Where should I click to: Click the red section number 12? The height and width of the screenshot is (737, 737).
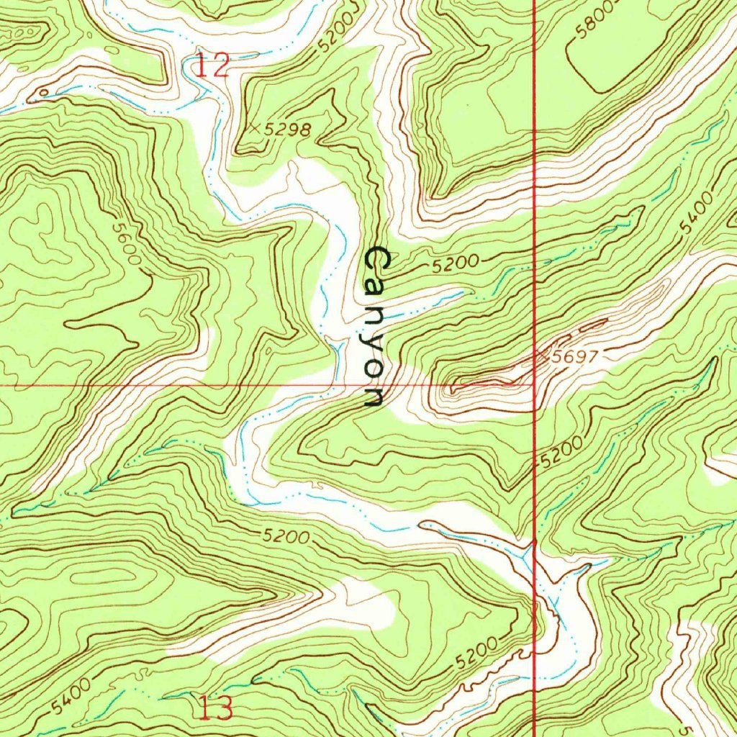point(213,67)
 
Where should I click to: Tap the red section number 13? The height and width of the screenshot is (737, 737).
point(216,709)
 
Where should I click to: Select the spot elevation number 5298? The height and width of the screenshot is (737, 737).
point(288,130)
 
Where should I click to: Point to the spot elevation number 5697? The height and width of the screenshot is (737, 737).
point(574,356)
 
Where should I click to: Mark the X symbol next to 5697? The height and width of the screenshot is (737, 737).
point(541,353)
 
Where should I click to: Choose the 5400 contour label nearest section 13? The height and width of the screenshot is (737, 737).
point(72,696)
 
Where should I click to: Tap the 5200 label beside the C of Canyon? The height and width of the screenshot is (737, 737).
point(456,264)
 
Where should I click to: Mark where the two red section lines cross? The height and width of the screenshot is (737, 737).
point(533,385)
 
